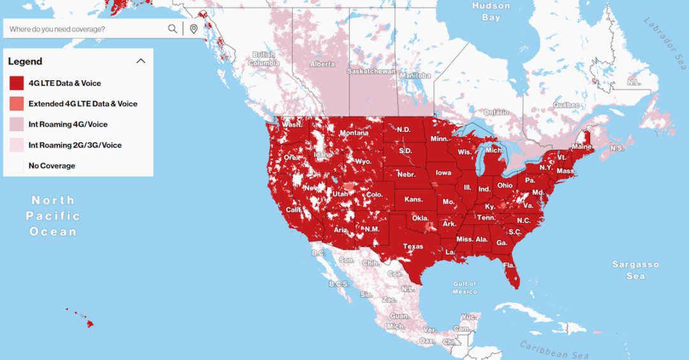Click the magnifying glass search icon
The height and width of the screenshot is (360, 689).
tap(172, 29)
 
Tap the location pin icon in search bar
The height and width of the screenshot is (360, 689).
tap(194, 29)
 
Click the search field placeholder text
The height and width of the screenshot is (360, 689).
tap(57, 29)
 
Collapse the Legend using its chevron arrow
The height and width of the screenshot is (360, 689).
tap(141, 61)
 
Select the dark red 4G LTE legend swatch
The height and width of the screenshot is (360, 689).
tap(17, 83)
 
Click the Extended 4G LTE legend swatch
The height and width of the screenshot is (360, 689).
tap(17, 103)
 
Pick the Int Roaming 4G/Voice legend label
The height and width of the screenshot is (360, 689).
tap(68, 124)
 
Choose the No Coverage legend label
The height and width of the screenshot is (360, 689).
tap(52, 166)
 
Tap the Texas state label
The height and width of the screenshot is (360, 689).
tap(413, 246)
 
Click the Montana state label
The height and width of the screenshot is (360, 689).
tap(353, 133)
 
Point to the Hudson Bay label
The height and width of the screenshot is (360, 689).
tap(491, 11)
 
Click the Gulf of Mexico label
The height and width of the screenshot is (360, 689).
tap(464, 287)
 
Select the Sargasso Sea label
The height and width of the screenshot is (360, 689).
tap(635, 270)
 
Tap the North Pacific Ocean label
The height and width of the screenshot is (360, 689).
tap(53, 216)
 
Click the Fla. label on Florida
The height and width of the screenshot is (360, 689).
tap(508, 265)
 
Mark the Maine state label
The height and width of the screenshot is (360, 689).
tap(581, 146)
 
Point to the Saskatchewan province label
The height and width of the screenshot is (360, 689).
tap(371, 71)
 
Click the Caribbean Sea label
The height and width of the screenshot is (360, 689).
tap(554, 350)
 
